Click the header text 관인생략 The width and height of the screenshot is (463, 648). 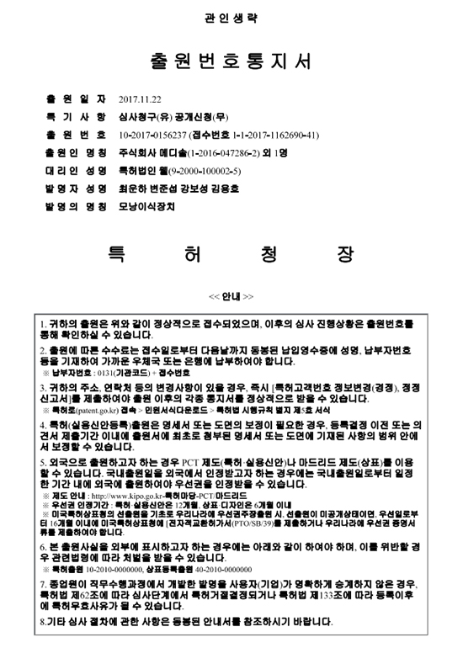[231, 18]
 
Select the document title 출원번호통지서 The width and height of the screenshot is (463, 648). [231, 62]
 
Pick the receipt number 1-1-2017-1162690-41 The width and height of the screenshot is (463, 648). [269, 134]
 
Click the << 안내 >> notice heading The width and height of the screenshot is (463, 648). [231, 298]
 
